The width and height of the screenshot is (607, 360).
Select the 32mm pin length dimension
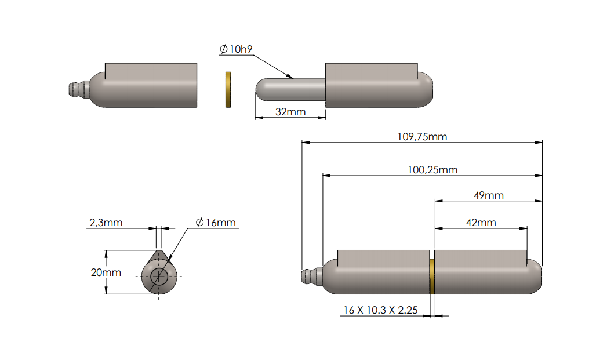coord(290,112)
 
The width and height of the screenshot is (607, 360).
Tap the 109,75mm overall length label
coord(422,137)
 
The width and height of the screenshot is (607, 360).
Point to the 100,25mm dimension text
coord(432,170)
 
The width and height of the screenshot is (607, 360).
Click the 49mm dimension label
coord(488,195)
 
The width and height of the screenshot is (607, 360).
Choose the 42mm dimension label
coord(481,223)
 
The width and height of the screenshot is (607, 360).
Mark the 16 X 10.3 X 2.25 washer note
coord(381,310)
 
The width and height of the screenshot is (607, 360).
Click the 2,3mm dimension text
coord(106,223)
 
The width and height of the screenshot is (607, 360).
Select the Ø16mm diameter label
coord(215,223)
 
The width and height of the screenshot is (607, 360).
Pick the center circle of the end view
coord(158,277)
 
